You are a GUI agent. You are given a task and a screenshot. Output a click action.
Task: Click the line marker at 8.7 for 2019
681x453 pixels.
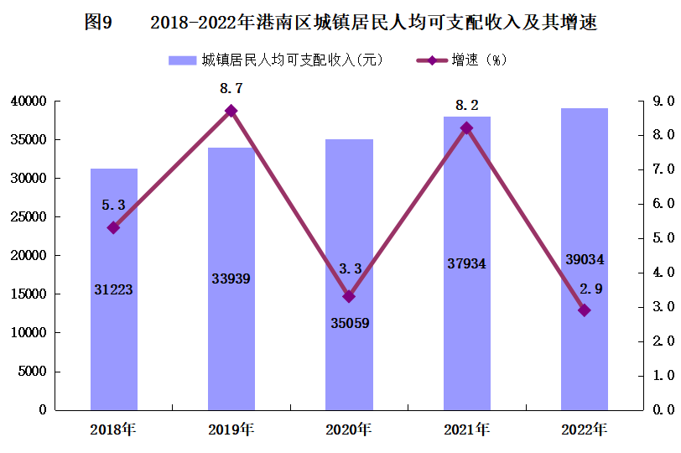(231, 111)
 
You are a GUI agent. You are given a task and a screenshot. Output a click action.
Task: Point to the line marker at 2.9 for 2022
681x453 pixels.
(585, 310)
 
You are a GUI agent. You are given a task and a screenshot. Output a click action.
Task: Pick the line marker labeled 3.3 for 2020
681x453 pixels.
(349, 296)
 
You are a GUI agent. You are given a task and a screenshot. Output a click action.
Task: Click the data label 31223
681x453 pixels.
(114, 289)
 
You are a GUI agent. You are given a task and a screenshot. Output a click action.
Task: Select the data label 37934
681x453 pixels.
(466, 264)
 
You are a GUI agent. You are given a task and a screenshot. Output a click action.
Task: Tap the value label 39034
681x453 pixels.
(585, 260)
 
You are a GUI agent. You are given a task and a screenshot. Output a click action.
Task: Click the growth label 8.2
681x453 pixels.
(466, 106)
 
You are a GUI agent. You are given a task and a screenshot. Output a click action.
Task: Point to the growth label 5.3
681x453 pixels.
(114, 205)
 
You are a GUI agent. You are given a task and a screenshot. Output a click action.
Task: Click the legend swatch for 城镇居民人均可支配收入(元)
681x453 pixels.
(181, 60)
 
